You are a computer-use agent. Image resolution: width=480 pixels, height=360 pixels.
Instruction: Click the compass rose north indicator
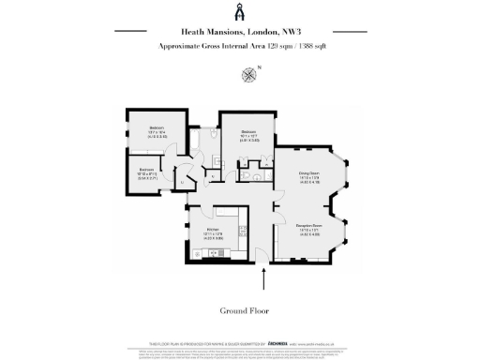tap(247, 74)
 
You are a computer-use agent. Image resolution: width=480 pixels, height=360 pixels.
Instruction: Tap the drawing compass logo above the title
tap(239, 12)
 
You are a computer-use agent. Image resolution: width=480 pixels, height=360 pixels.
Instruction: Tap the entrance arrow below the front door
tap(264, 277)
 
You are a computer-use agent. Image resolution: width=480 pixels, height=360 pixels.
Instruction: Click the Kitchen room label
tap(213, 230)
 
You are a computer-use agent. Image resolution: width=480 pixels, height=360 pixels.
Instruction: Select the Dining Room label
tap(309, 173)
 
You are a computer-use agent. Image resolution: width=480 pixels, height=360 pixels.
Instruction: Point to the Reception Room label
tap(310, 226)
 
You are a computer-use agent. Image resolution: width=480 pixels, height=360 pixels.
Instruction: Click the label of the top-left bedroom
tap(157, 128)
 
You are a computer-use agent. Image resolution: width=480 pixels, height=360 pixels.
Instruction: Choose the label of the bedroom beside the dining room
tap(247, 133)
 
